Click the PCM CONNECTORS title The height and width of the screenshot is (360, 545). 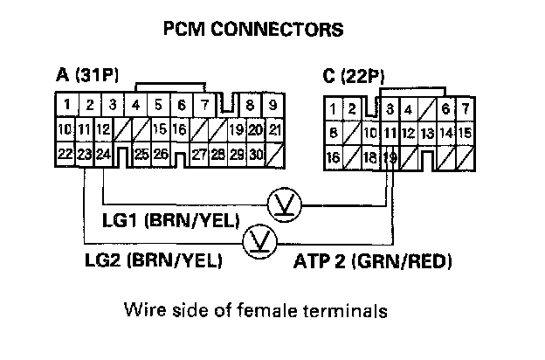click(x=253, y=29)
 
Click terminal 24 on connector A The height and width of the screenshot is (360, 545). click(x=104, y=154)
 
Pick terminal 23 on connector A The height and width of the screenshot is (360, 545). click(x=84, y=154)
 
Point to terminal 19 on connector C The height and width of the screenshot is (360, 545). click(x=390, y=158)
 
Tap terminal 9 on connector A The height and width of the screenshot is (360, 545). click(x=272, y=105)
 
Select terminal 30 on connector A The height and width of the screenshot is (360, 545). click(x=255, y=154)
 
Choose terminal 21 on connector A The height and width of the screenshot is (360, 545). click(x=273, y=129)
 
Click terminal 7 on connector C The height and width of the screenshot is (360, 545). click(x=466, y=109)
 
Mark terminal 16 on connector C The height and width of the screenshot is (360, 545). click(x=332, y=158)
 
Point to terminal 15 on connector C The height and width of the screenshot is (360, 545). click(x=466, y=134)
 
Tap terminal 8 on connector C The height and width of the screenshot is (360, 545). click(x=333, y=134)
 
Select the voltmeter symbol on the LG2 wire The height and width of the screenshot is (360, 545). click(x=259, y=239)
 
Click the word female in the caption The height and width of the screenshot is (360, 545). click(x=268, y=310)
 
